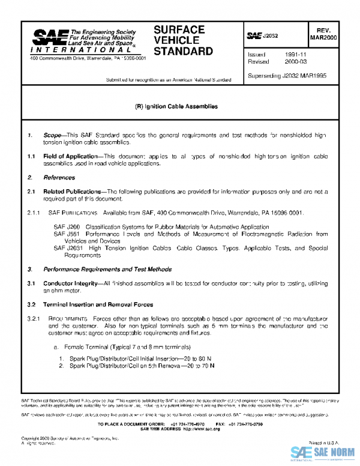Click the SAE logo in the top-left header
click(x=48, y=40)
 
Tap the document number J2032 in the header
click(x=269, y=36)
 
